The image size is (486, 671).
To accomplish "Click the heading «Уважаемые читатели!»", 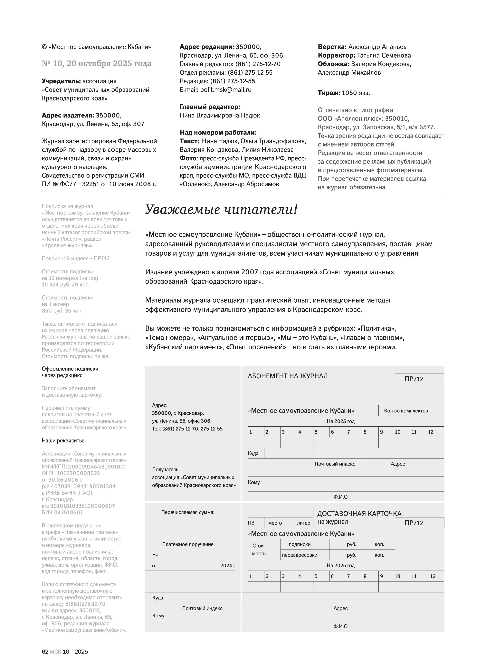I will click(x=221, y=210).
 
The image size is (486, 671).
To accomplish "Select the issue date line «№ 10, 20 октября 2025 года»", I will click(x=97, y=64).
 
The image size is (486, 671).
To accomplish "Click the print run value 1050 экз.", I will click(x=356, y=93).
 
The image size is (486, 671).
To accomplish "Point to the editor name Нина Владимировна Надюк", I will click(x=220, y=115).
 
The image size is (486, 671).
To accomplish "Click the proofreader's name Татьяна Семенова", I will click(x=384, y=55).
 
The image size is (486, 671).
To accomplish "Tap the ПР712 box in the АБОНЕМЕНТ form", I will click(x=419, y=379).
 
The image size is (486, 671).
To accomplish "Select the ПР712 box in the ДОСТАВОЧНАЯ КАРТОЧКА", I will click(x=419, y=523).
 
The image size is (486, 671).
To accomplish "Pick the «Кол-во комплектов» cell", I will click(x=406, y=411).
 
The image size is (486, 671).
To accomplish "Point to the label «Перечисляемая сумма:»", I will click(x=188, y=512).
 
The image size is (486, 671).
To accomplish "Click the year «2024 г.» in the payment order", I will click(x=228, y=566).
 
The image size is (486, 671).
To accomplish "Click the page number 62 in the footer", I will click(x=45, y=652).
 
